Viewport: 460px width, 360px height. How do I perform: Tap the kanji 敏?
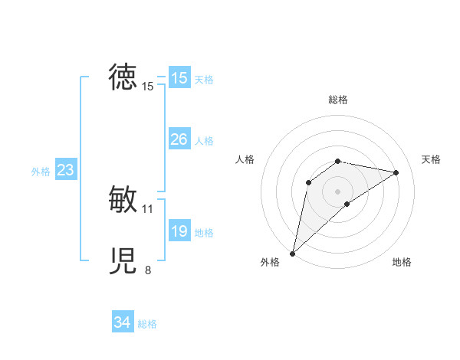click(123, 199)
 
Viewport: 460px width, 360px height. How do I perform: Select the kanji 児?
click(123, 261)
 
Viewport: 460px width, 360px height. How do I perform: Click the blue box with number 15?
click(179, 78)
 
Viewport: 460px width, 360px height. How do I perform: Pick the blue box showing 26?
click(179, 139)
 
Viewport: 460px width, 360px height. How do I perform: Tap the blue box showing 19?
click(179, 231)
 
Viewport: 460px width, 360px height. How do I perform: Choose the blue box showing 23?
click(66, 170)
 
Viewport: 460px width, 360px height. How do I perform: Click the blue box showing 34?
click(123, 323)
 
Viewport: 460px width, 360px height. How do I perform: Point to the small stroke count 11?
click(148, 208)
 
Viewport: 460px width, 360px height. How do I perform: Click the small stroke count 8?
click(148, 270)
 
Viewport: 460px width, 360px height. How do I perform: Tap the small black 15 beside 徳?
click(148, 87)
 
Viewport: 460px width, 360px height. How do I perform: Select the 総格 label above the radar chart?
click(337, 100)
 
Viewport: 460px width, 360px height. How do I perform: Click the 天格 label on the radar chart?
click(431, 159)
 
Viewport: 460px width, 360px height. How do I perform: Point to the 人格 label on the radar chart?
click(245, 159)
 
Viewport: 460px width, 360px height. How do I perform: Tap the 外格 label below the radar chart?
click(270, 263)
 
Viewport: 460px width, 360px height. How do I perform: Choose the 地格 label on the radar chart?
click(402, 263)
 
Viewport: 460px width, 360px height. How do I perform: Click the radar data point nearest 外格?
click(293, 253)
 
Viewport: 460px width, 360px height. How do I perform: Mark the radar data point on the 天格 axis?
click(396, 172)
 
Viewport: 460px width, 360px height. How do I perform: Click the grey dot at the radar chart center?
click(337, 191)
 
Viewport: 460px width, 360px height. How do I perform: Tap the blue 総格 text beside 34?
click(147, 324)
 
